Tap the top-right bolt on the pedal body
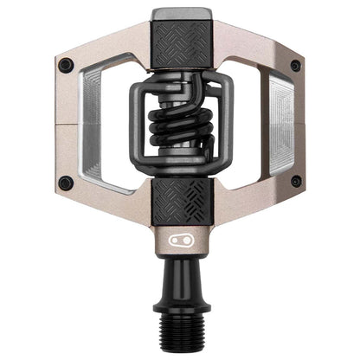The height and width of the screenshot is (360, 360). (x=295, y=65)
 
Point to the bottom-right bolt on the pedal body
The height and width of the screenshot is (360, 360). (x=295, y=182)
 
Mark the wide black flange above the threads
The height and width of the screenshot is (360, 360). (x=179, y=307)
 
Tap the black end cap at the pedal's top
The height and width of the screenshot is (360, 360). (x=179, y=16)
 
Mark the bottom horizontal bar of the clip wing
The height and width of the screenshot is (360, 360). (x=179, y=173)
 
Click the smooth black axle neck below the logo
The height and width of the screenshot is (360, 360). (x=179, y=273)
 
